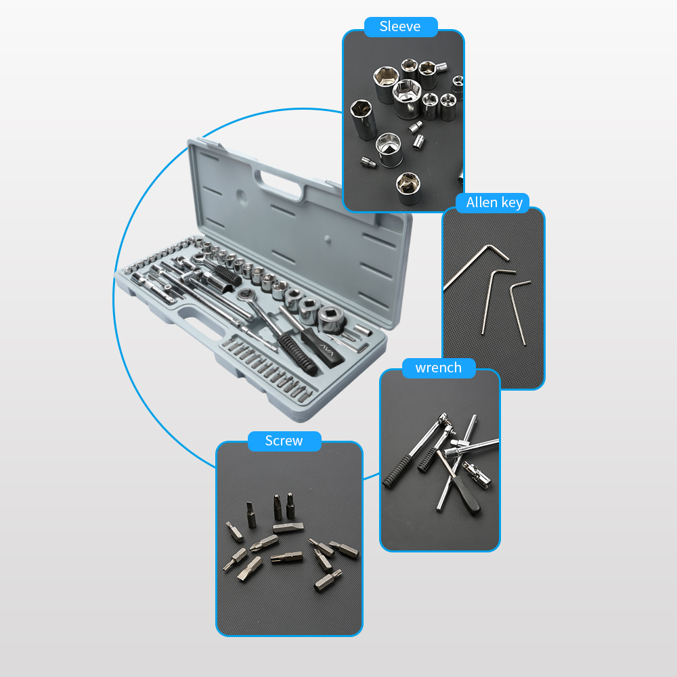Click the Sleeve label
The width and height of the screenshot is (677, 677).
(x=400, y=26)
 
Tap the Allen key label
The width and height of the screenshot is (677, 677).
(x=494, y=202)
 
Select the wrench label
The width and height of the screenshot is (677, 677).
(x=438, y=368)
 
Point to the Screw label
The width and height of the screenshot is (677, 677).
(x=284, y=441)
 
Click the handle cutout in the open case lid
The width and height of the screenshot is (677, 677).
(x=279, y=184)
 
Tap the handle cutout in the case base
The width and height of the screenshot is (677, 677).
(x=201, y=321)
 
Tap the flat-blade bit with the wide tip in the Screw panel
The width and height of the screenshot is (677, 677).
(x=288, y=527)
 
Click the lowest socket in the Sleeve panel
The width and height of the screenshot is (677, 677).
(x=408, y=188)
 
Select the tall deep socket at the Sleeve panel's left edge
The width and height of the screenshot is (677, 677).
(x=364, y=118)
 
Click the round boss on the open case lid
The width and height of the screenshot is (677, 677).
(x=242, y=197)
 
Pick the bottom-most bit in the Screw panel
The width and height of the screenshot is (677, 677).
(x=328, y=580)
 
